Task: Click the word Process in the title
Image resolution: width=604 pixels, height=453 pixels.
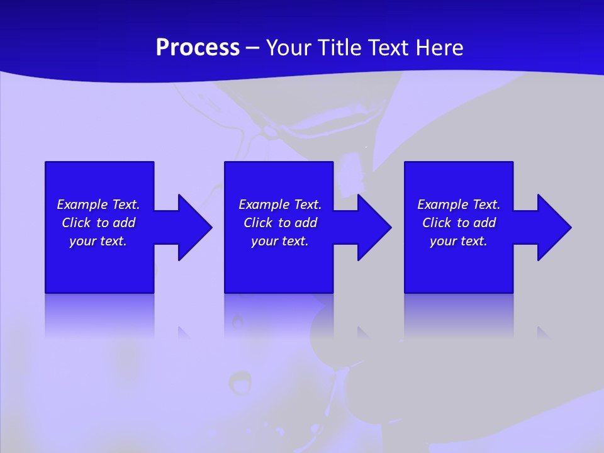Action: (x=198, y=48)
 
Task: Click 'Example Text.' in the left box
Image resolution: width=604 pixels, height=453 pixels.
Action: (x=98, y=204)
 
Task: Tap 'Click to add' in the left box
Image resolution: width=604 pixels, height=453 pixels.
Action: (x=98, y=223)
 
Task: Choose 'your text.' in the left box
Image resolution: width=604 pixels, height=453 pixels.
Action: (x=98, y=241)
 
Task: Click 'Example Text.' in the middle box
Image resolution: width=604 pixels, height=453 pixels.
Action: (x=280, y=204)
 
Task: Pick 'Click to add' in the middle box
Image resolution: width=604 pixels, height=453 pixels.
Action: (x=280, y=223)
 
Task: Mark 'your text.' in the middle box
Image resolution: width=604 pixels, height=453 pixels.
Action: (x=280, y=241)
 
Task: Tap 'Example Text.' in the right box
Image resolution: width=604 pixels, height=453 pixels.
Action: (x=459, y=204)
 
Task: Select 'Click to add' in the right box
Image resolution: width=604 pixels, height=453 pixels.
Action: (x=459, y=223)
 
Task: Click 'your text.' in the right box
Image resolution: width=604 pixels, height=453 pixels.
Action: (x=459, y=241)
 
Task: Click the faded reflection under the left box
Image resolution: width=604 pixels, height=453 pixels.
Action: (x=99, y=315)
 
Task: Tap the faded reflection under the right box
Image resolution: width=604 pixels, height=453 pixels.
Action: (x=459, y=315)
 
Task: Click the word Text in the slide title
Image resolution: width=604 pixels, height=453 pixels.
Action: (x=389, y=48)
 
